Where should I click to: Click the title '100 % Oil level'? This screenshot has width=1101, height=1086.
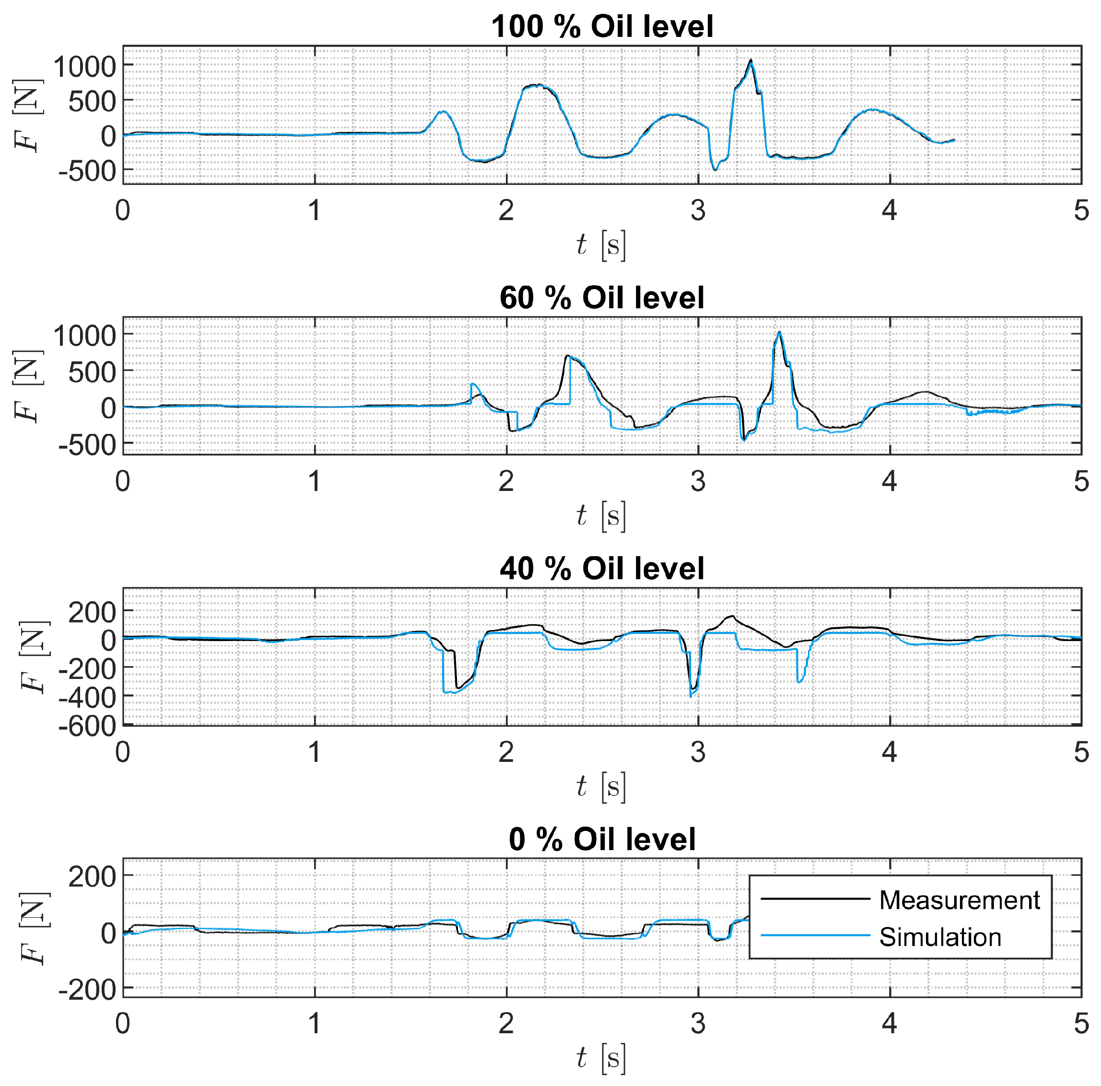click(602, 27)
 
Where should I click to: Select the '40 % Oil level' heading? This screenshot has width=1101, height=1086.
click(602, 568)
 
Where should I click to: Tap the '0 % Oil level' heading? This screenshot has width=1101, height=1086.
click(602, 839)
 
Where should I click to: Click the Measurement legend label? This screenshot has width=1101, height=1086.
click(959, 899)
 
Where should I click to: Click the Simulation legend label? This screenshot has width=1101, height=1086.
click(940, 937)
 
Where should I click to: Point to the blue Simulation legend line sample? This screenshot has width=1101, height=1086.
click(815, 935)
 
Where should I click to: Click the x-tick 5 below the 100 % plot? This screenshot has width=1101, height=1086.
click(1081, 211)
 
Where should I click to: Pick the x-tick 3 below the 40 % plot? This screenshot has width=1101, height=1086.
click(698, 753)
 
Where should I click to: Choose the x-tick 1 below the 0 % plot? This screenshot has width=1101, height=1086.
click(315, 1024)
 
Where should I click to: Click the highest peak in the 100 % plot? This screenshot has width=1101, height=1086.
click(750, 60)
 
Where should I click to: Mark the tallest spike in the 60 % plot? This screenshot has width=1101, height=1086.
click(779, 332)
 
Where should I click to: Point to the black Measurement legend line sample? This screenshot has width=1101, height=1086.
click(815, 899)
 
